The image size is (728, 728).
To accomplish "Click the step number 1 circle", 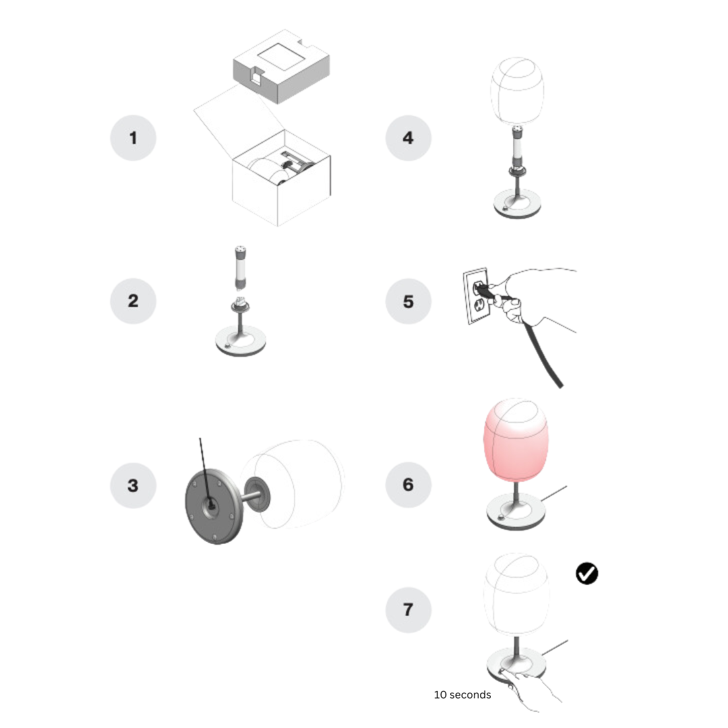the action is [133, 138].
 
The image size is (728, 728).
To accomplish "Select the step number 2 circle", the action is [133, 301].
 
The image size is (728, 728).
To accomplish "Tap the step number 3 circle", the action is [133, 485].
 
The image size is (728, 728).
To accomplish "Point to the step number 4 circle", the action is [408, 138].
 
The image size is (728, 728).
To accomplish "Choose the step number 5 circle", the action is [408, 301].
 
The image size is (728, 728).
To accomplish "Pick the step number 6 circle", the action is [408, 485].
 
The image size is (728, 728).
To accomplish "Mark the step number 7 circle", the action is [408, 609].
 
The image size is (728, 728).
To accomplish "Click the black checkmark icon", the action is [587, 574].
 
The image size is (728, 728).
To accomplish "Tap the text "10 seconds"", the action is [462, 694].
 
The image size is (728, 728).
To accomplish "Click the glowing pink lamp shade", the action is [516, 439].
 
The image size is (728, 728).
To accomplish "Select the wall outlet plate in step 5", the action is [476, 296].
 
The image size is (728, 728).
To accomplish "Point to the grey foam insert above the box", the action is [281, 66].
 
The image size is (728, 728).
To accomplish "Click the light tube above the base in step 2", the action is [241, 268].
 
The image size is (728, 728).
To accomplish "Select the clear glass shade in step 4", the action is [517, 92].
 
